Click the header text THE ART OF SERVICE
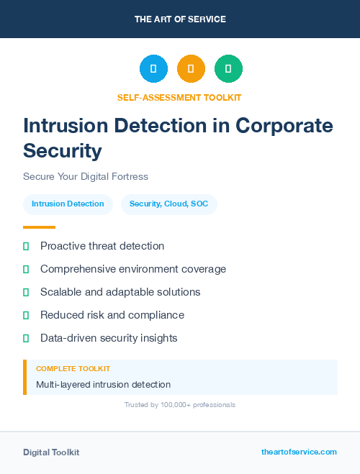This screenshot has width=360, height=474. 180,19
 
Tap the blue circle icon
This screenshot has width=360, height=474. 153,69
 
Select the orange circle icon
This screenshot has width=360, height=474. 191,69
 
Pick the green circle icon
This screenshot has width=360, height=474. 228,69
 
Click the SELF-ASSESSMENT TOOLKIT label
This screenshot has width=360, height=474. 179,97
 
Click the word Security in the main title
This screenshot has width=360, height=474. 62,151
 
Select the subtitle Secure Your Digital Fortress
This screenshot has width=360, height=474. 85,176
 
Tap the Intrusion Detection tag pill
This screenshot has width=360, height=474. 68,204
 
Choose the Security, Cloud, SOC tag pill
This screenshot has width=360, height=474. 168,204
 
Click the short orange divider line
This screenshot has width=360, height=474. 39,227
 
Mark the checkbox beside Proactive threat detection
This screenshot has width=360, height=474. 26,246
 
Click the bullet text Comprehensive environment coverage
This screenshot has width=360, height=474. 133,269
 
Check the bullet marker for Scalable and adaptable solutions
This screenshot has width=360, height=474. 26,292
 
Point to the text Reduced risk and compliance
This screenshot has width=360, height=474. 112,315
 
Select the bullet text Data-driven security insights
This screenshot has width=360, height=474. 109,338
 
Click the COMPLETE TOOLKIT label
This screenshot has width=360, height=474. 73,369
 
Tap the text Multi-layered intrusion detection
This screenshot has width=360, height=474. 103,385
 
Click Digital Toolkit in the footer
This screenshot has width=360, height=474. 51,452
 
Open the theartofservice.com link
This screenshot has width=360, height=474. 299,452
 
